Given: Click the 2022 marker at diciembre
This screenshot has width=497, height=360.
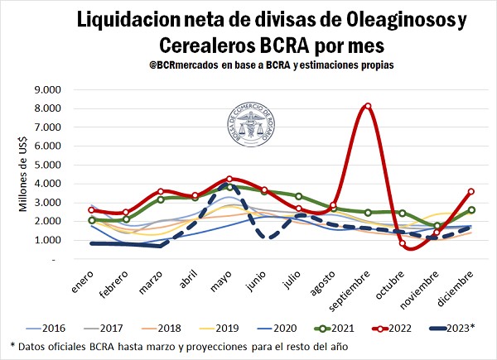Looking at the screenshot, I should (471, 191).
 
